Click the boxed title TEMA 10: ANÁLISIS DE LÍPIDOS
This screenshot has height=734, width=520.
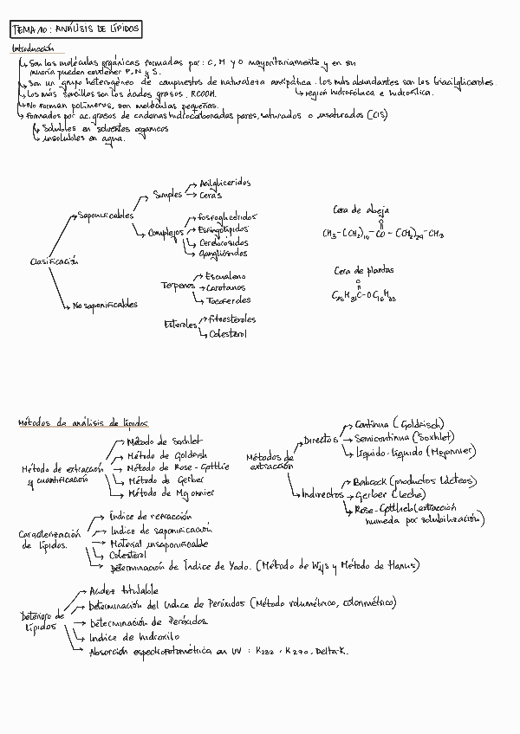tap(75, 30)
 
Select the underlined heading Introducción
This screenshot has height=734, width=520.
tap(32, 50)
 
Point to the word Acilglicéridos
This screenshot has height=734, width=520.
tap(224, 183)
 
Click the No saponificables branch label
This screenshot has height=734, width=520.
tap(105, 305)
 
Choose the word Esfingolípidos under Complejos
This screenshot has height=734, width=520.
tap(227, 230)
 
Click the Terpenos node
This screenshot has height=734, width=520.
tap(177, 286)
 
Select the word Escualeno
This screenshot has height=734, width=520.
tap(226, 276)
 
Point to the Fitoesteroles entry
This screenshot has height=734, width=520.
tap(231, 319)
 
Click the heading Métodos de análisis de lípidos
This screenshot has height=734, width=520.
tap(83, 423)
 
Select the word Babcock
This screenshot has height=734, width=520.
tap(369, 480)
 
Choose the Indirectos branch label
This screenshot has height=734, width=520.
tap(323, 495)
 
